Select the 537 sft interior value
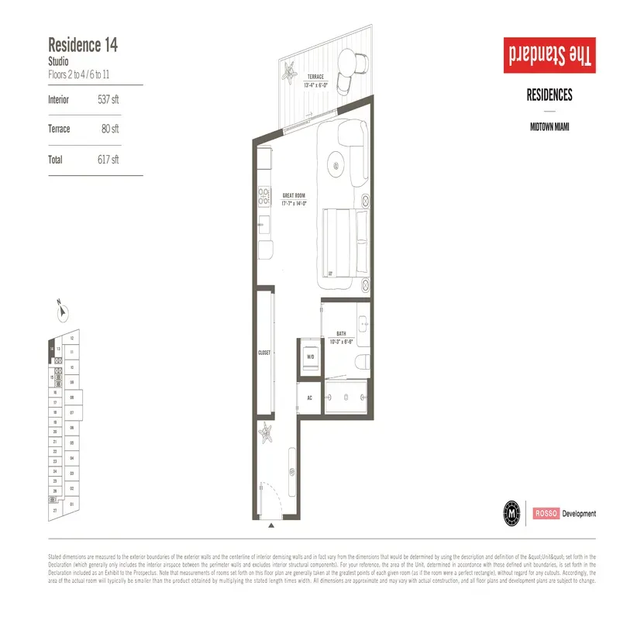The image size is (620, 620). point(109,100)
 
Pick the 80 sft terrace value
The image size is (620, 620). point(109,129)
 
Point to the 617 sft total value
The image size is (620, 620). point(109,160)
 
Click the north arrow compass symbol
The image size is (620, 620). point(62,312)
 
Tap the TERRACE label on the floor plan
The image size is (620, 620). point(315,77)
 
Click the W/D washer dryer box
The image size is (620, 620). point(310,357)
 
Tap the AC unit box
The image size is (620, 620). point(309,397)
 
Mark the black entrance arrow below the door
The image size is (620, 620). point(270,526)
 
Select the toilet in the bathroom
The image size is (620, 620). point(362,359)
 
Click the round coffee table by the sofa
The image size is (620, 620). point(338,163)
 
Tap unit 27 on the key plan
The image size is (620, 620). point(55,511)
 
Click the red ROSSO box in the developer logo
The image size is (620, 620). point(545,513)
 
